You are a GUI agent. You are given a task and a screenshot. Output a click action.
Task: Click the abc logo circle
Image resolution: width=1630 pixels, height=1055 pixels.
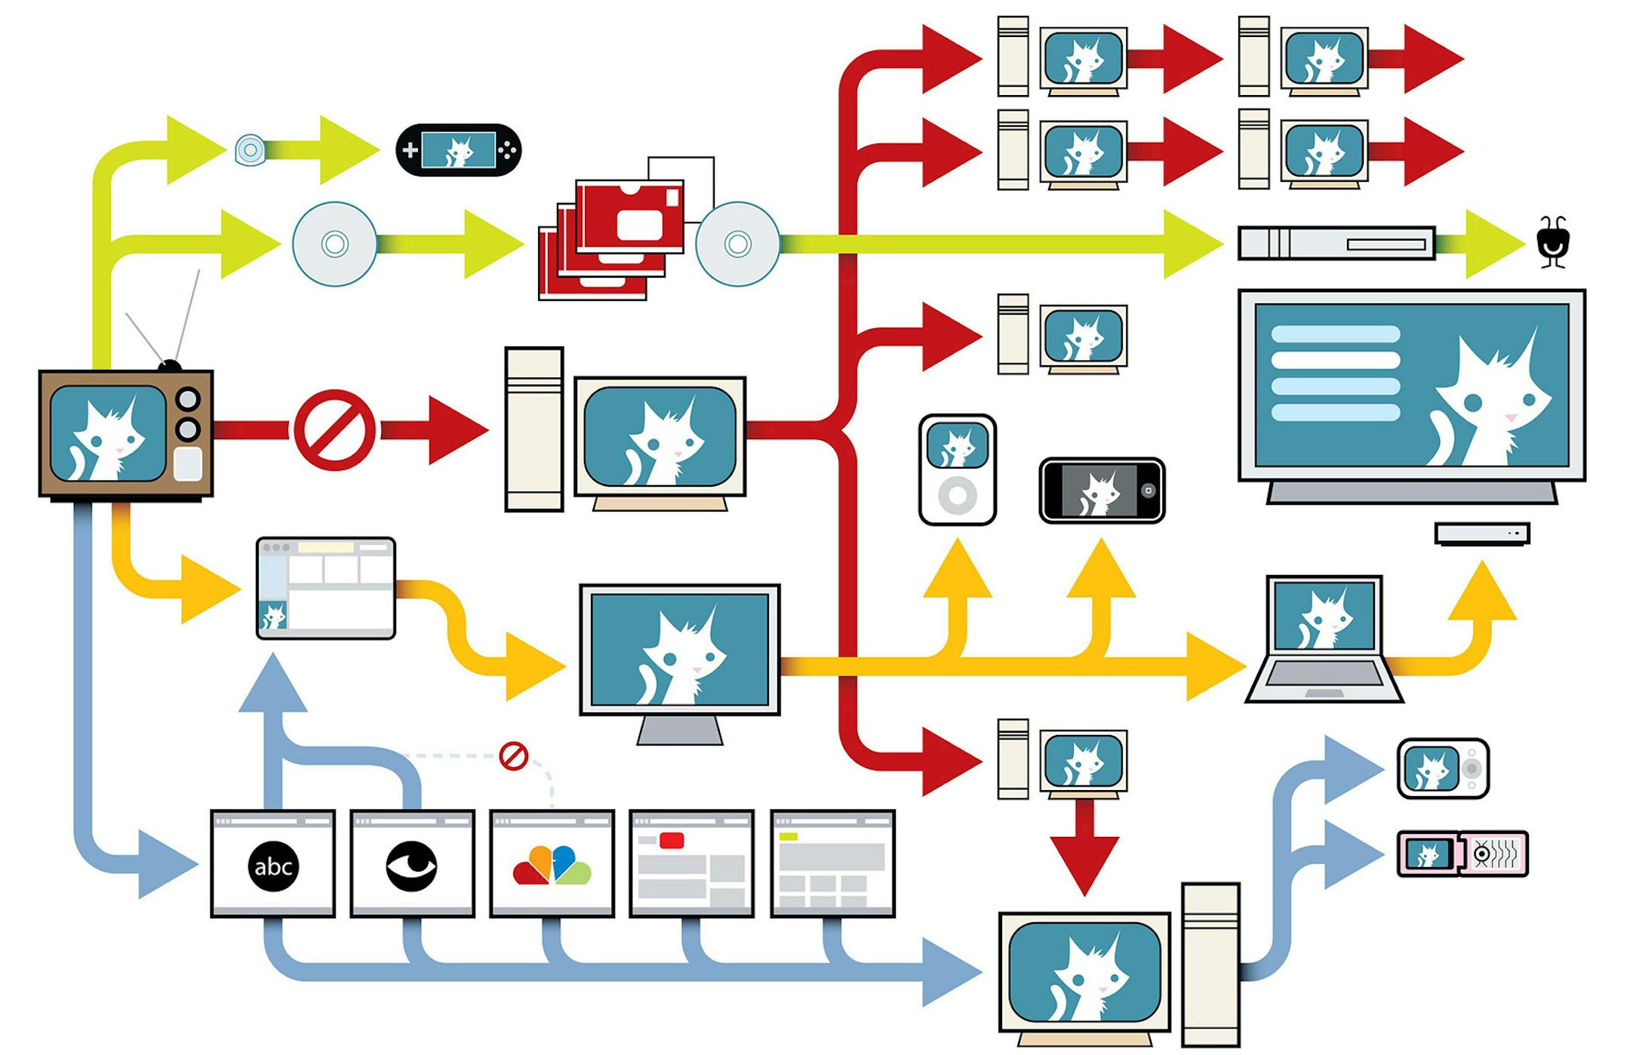272,866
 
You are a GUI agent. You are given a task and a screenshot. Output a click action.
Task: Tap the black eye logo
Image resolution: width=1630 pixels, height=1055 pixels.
411,866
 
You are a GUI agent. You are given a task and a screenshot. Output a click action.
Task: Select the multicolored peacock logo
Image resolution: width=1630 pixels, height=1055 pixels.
552,866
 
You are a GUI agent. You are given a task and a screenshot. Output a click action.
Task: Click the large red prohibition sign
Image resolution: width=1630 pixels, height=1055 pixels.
334,430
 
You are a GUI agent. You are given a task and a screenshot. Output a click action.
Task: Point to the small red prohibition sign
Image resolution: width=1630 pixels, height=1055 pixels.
514,755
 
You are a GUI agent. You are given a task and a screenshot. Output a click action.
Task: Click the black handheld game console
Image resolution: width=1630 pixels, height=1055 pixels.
458,150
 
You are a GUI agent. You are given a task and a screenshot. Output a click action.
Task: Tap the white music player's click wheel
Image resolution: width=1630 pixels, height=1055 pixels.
958,496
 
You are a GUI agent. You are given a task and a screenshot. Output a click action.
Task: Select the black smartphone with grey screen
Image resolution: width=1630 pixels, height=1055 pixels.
1102,491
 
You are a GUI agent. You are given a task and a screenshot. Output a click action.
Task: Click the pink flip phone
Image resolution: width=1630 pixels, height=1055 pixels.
1462,854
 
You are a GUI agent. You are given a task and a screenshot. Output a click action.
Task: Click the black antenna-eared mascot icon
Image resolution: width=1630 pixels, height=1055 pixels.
1553,243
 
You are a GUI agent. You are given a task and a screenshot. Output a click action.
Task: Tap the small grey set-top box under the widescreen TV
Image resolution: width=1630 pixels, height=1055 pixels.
1482,534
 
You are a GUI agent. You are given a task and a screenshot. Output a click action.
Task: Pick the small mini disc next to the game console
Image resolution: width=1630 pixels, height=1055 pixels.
250,149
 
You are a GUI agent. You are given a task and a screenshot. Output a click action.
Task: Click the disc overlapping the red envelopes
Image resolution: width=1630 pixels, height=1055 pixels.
737,244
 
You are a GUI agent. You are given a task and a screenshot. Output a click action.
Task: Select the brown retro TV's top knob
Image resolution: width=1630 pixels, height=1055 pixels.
187,398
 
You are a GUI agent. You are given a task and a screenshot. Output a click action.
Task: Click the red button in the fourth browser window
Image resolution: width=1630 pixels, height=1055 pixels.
671,841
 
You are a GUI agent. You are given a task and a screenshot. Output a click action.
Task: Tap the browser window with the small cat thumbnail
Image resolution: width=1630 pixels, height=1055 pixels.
325,589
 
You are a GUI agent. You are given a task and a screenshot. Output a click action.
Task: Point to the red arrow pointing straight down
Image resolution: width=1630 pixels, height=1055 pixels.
1084,849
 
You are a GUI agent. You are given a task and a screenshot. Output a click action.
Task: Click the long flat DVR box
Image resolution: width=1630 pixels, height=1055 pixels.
1336,244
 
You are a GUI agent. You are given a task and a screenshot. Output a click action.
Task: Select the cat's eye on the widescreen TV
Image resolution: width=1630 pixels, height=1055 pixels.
1472,402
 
